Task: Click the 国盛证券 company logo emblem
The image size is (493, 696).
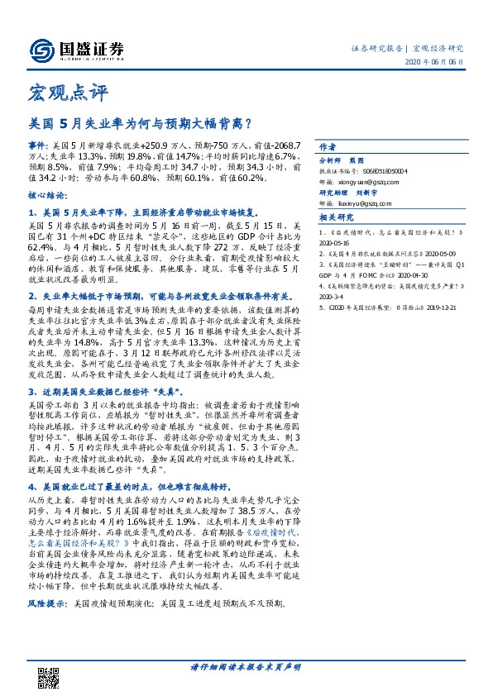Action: click(x=41, y=50)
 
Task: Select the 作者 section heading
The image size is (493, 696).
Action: click(x=328, y=143)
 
